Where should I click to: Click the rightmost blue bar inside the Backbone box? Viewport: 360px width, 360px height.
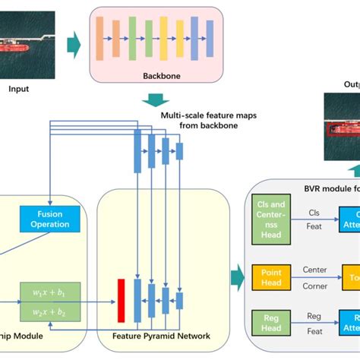click(205, 39)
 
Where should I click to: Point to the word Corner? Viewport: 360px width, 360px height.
click(315, 286)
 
